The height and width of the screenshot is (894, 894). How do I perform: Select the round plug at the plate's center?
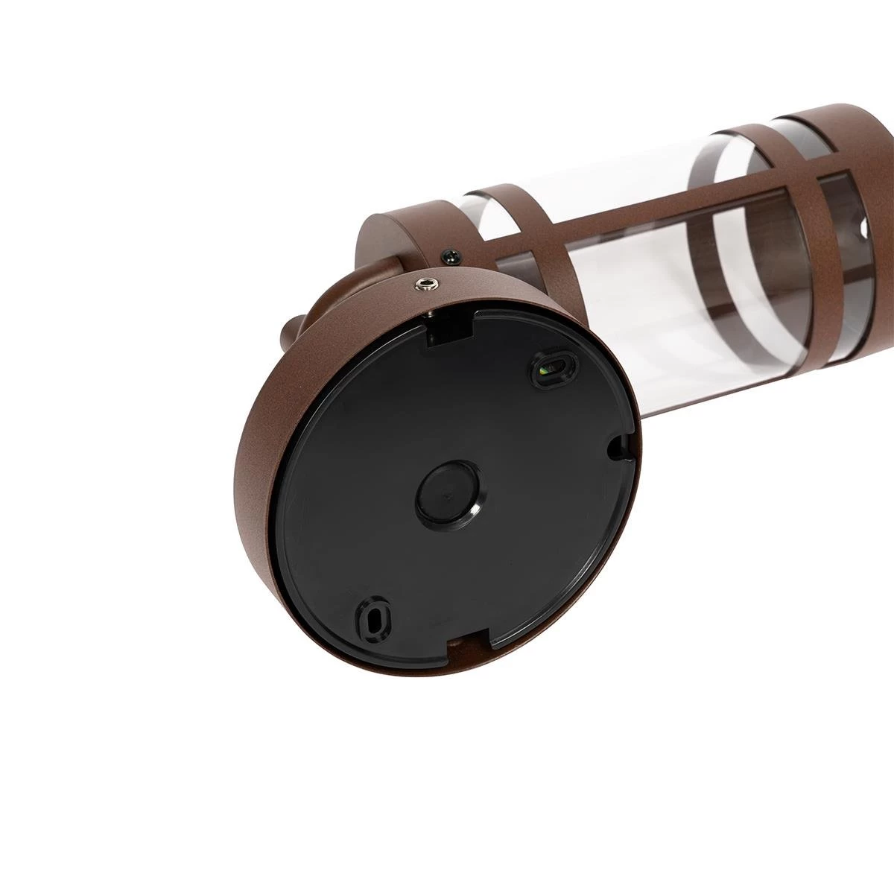point(444,492)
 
